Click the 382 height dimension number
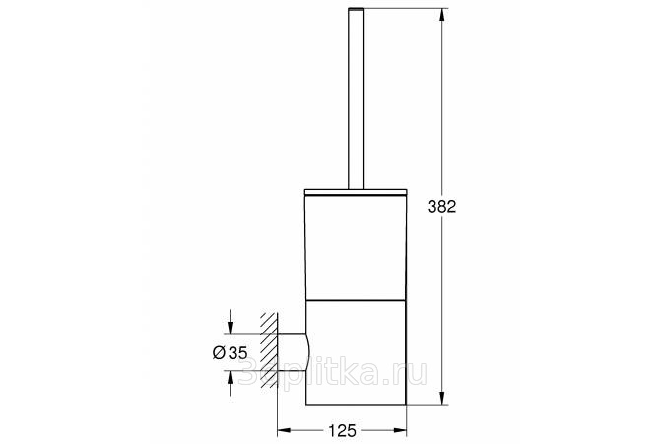pos(441,207)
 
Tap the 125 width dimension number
pos(342,431)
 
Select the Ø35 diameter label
pos(230,352)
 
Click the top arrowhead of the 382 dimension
pos(442,16)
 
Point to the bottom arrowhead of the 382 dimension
pos(442,398)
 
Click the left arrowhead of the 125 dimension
pos(284,431)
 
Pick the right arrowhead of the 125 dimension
pos(400,431)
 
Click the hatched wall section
pos(269,350)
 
